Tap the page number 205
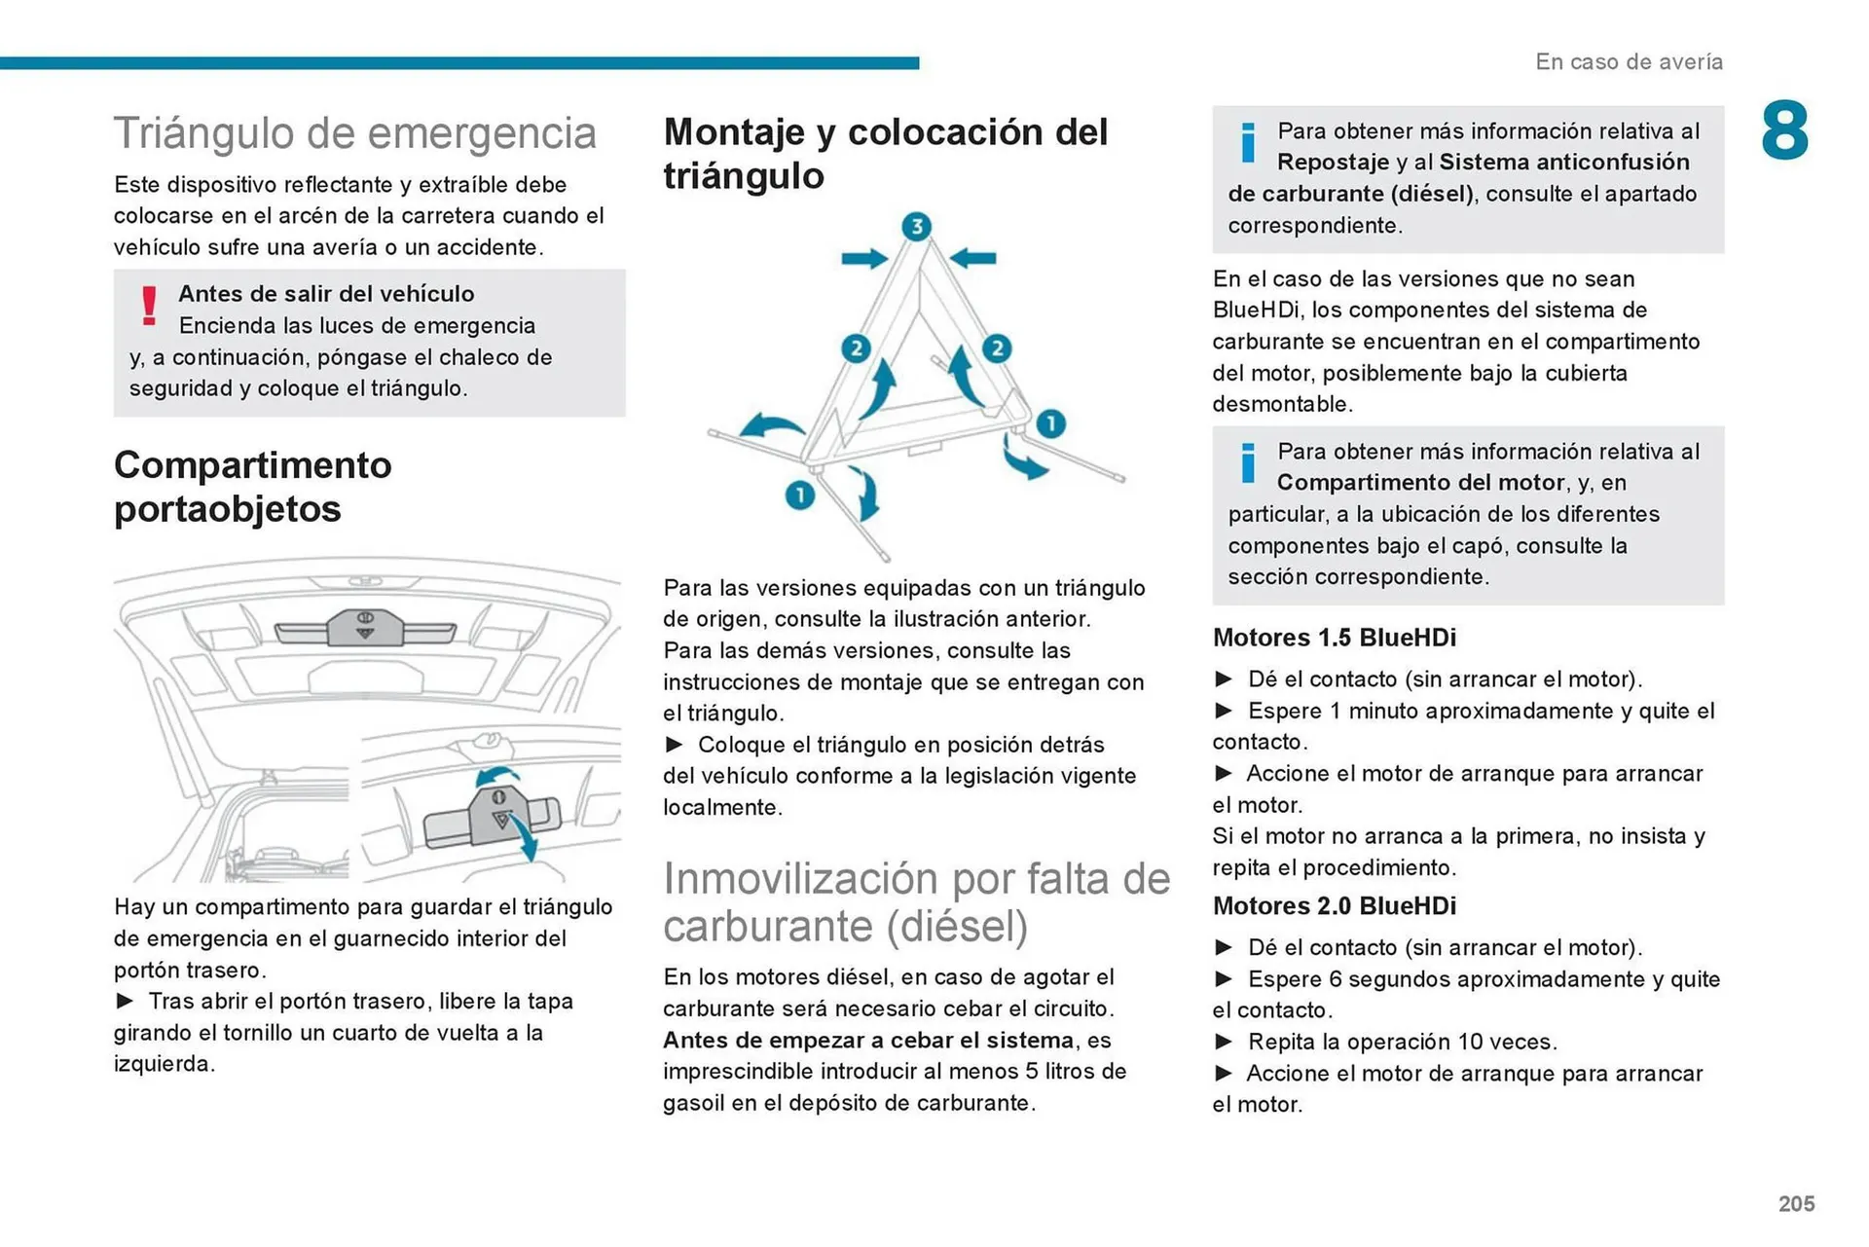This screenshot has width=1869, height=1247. click(x=1795, y=1203)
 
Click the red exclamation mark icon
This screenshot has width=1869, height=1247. click(x=149, y=306)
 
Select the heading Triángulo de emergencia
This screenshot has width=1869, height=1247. click(x=354, y=133)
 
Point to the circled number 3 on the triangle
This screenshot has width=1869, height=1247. click(x=915, y=227)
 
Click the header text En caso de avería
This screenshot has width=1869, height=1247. click(x=1629, y=62)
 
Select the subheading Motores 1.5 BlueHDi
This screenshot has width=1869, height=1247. click(x=1334, y=638)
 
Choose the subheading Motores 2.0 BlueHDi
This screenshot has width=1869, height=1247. click(x=1334, y=906)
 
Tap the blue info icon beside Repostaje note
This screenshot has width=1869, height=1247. click(x=1247, y=142)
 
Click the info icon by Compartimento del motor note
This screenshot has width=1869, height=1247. click(x=1247, y=462)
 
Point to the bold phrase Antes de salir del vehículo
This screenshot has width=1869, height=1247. click(x=326, y=294)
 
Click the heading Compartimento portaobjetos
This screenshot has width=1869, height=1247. click(x=252, y=487)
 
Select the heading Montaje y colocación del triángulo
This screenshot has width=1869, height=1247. click(x=885, y=154)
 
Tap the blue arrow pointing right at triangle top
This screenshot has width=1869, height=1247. click(x=863, y=258)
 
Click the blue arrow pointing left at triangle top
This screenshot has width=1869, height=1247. click(x=972, y=258)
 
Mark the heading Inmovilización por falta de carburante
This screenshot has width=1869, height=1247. click(x=915, y=902)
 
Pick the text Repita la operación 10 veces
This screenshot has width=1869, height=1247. click(x=1402, y=1042)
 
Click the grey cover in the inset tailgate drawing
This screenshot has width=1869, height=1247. click(x=496, y=816)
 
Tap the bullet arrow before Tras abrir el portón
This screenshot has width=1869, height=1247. click(x=125, y=1001)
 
